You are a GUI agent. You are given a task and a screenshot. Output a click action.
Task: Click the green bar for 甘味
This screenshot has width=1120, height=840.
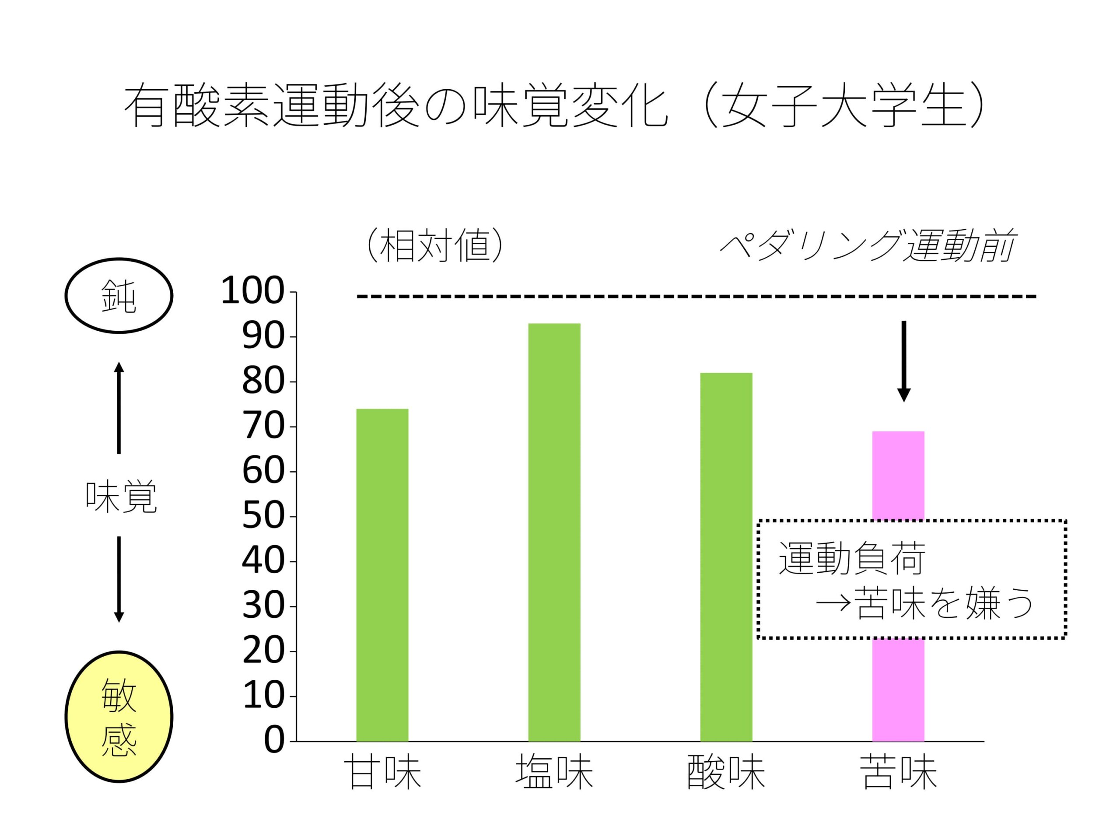pos(382,575)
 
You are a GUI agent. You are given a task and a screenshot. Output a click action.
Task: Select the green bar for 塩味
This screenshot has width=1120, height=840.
pos(554,532)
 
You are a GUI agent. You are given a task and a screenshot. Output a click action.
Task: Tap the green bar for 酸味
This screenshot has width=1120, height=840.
pos(726,557)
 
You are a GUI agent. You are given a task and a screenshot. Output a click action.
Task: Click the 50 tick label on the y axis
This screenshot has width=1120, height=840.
pos(263,516)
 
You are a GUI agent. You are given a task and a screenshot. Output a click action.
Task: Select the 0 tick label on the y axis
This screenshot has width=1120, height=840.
pos(274,741)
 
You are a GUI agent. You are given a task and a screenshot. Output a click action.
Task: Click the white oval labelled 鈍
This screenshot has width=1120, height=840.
pos(119,296)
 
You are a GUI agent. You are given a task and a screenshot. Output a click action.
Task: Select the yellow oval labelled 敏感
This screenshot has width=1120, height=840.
pos(119,717)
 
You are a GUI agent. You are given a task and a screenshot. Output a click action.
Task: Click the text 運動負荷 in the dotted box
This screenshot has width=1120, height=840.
pos(852,559)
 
